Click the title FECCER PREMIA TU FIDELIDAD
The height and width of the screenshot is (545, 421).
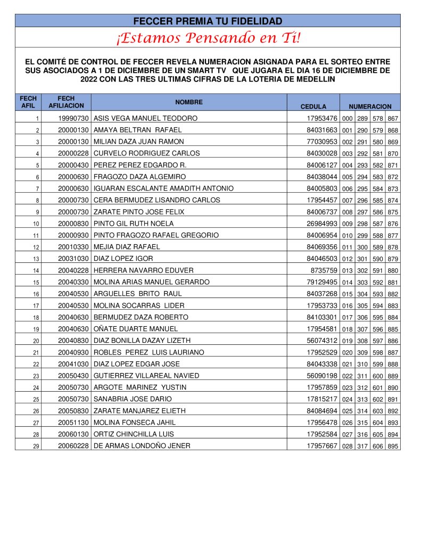point(208,21)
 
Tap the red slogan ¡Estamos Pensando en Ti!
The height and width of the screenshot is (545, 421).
point(208,38)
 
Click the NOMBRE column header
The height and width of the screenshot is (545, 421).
point(189,102)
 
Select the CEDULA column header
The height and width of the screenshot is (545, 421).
point(313,106)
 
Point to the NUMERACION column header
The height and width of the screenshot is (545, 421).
point(370,106)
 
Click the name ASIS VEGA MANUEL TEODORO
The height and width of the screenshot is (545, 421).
point(145,118)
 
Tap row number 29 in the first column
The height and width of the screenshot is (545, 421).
point(36,446)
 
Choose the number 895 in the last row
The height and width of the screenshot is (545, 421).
point(393,446)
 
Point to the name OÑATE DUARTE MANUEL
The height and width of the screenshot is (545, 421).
point(136,329)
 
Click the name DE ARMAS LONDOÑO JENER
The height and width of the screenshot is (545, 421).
point(142,446)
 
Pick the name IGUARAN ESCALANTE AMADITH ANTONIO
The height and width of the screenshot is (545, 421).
point(163,188)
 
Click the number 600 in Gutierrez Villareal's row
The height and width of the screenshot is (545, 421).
point(378,376)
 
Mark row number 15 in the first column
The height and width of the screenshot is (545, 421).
point(36,282)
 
